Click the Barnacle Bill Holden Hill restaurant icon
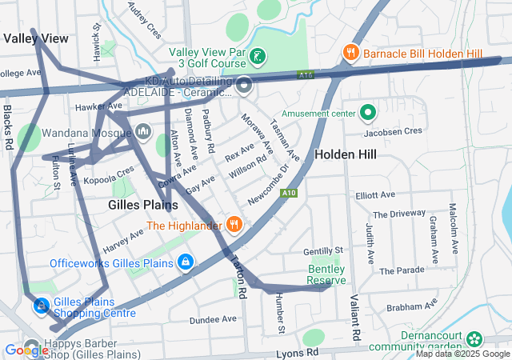350,53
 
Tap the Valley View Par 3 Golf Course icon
258,57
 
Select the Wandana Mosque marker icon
144,130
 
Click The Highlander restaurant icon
234,225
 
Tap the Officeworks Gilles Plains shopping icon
186,262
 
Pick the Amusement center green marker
368,114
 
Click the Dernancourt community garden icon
474,339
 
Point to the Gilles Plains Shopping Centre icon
41,306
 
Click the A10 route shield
290,193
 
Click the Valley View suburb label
35,38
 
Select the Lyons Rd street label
296,352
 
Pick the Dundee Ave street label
213,318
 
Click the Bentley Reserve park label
326,274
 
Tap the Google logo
26,350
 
